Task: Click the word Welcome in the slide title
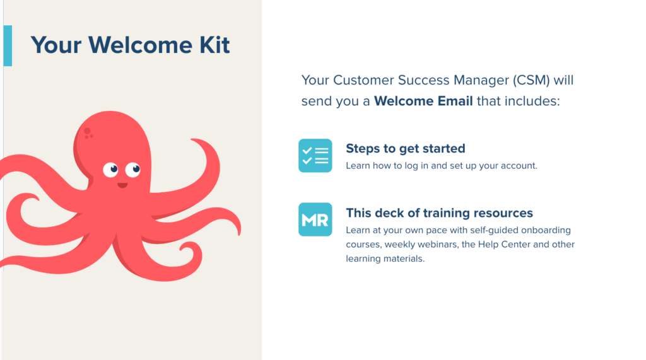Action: tap(141, 45)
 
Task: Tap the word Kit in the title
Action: tap(214, 45)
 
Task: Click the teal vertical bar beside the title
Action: tap(8, 46)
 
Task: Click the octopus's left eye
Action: tap(110, 170)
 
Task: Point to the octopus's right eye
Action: tap(132, 169)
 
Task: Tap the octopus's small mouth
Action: tap(122, 185)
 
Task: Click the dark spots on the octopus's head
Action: tap(88, 133)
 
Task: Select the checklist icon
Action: tap(315, 156)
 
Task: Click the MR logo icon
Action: tap(315, 219)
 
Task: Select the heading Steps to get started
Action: tap(406, 148)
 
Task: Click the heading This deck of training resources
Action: tap(439, 213)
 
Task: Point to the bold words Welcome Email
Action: tap(423, 101)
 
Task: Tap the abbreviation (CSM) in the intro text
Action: tap(531, 80)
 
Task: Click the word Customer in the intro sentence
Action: tap(363, 80)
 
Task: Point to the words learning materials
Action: tap(385, 258)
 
